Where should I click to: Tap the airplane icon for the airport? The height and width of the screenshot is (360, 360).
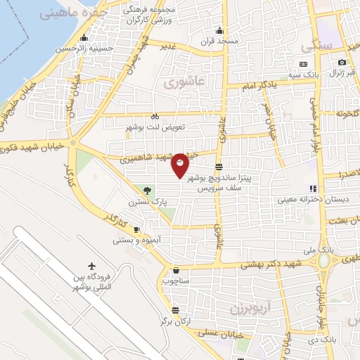coord(91,266)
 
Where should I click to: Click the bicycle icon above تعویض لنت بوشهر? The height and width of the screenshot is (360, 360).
coord(155,116)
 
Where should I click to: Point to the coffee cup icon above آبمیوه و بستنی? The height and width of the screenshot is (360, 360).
coord(136,230)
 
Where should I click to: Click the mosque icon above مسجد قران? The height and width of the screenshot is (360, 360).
coord(219,30)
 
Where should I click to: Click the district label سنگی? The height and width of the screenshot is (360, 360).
coord(316,46)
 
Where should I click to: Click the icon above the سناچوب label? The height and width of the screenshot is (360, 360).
coord(174,269)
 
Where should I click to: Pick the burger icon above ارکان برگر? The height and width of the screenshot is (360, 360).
coord(174,309)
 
